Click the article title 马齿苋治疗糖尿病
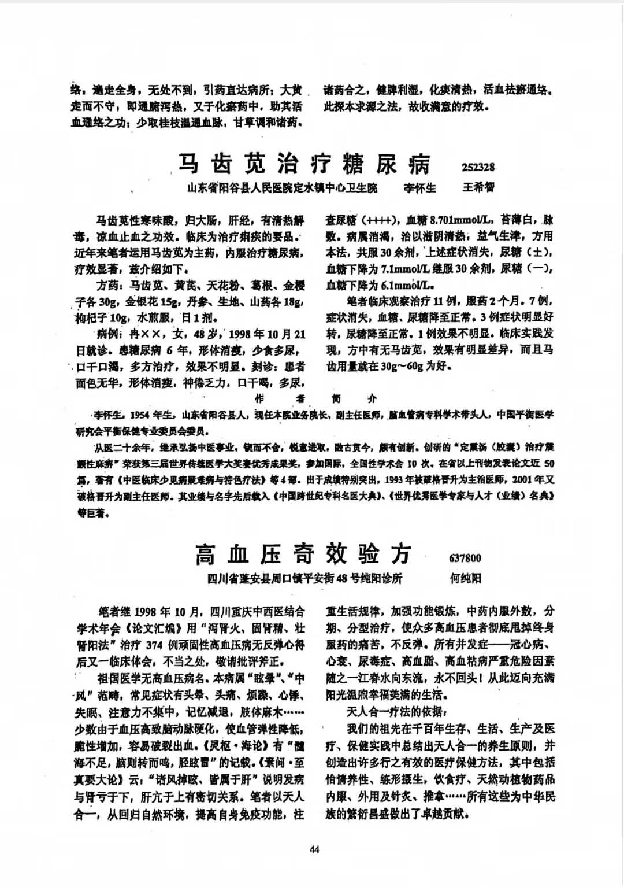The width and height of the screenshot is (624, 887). [x=303, y=164]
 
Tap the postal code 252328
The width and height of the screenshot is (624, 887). [x=478, y=167]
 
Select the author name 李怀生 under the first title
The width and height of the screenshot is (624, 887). [x=419, y=187]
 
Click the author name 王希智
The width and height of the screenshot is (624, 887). [x=478, y=187]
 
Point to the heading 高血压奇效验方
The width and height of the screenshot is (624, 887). [x=303, y=555]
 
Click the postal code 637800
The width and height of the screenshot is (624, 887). [x=465, y=558]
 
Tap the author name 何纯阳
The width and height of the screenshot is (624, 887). [x=465, y=578]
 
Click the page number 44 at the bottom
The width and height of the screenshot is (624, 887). [x=314, y=849]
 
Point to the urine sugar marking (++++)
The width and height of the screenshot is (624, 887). [x=378, y=220]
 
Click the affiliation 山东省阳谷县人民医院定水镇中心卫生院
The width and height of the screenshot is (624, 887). [x=282, y=187]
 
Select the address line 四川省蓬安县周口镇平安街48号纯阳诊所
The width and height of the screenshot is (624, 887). [x=305, y=578]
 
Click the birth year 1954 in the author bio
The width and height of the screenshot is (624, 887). [x=140, y=415]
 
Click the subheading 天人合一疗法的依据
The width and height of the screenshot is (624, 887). [x=396, y=711]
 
